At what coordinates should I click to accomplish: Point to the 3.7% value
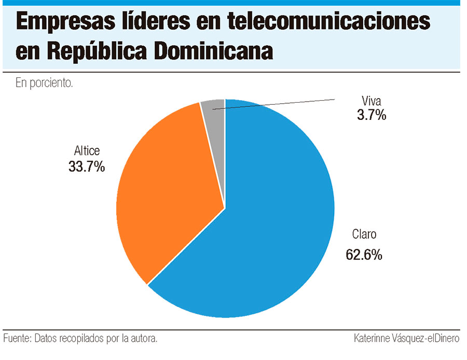click(371, 115)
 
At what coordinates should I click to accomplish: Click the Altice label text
click(87, 151)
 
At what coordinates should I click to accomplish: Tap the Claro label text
click(364, 234)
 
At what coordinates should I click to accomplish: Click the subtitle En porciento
click(44, 83)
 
